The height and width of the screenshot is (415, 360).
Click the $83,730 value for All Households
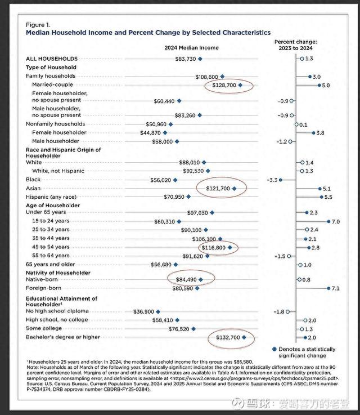click(x=186, y=59)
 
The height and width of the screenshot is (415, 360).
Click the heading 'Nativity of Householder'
click(x=58, y=273)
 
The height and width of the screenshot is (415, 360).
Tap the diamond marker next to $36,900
click(x=159, y=311)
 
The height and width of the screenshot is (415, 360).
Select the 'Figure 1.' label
click(x=38, y=25)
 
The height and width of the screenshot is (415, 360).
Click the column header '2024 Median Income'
click(x=192, y=48)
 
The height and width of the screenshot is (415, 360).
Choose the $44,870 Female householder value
click(x=151, y=132)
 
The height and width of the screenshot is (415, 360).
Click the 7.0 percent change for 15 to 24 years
click(x=336, y=222)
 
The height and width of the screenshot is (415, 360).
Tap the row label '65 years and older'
click(x=51, y=264)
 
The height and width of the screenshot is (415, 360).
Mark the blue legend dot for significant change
click(x=273, y=349)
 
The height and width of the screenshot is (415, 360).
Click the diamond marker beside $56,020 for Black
click(x=175, y=180)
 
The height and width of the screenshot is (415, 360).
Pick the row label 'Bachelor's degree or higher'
click(x=62, y=337)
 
